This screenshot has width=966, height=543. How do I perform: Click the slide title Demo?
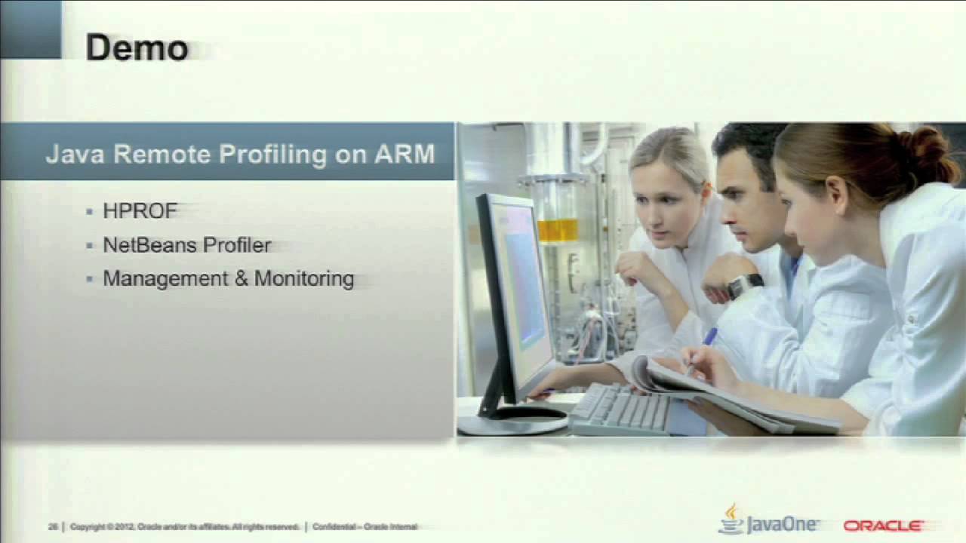point(137,48)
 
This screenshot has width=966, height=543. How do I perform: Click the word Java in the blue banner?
point(75,154)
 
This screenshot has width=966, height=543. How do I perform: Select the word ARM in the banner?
point(405,154)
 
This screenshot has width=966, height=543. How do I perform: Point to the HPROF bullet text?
point(140,211)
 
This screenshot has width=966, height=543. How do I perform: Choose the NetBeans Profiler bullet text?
point(186,245)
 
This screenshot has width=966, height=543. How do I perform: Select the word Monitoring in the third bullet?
point(304,279)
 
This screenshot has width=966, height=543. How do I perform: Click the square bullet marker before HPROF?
point(90,212)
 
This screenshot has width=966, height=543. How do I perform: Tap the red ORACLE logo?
point(883,526)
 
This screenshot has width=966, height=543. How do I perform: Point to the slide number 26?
point(53,527)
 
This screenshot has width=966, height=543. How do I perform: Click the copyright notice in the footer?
point(184,527)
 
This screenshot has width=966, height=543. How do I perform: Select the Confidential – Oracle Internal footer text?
point(365,527)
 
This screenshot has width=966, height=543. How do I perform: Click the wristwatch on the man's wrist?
point(744,285)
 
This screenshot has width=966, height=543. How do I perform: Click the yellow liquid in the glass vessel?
point(558,230)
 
